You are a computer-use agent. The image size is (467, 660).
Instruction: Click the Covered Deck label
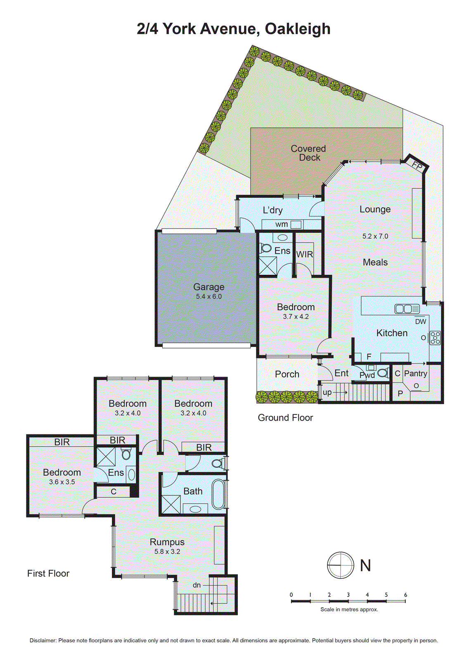(308, 153)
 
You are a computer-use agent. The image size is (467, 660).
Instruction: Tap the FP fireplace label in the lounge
(417, 166)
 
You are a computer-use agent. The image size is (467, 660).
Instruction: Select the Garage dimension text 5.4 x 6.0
(209, 297)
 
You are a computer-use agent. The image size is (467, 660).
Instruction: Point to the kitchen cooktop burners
(435, 338)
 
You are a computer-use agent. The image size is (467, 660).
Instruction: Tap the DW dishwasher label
(420, 322)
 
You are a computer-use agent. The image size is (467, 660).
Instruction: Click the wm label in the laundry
(282, 224)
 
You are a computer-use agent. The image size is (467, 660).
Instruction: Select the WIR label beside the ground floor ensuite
(305, 255)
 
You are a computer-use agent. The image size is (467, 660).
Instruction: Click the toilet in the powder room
(383, 373)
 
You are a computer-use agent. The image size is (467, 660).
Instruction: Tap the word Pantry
(415, 373)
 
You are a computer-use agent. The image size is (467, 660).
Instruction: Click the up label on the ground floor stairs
(327, 392)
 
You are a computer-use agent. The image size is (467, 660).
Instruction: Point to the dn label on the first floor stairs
(197, 585)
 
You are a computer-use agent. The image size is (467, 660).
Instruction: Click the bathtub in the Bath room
(218, 494)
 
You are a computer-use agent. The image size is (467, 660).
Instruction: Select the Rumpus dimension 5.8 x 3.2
(167, 552)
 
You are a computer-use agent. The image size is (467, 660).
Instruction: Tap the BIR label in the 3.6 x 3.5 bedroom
(62, 442)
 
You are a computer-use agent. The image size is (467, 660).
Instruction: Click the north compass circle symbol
(341, 565)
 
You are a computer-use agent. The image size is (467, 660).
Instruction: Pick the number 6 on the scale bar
(405, 595)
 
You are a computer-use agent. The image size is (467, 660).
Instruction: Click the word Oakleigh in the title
(297, 29)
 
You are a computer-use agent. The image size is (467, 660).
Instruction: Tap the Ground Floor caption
(285, 417)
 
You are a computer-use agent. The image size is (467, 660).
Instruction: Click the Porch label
(287, 374)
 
